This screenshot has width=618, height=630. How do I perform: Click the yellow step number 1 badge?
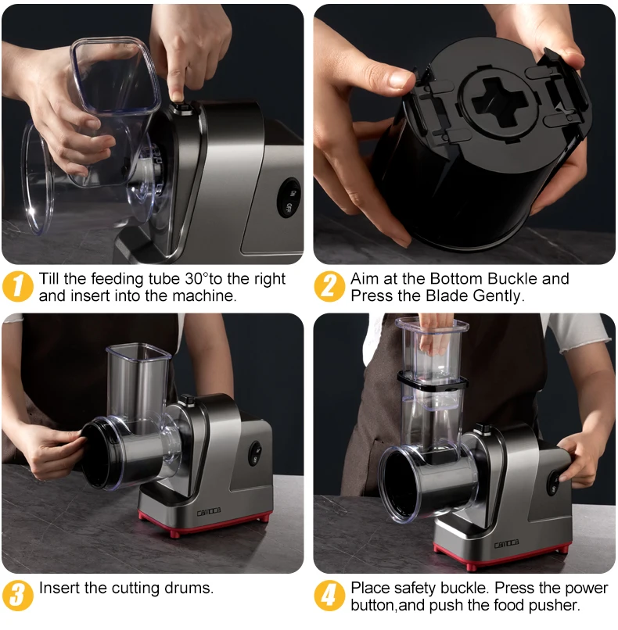point(18,286)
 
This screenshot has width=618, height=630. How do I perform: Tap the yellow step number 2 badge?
point(329,286)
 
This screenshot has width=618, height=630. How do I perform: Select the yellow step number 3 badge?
point(18,596)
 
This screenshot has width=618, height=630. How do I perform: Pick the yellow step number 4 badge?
point(329,596)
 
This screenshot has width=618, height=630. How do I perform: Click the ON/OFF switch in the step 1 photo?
point(289,198)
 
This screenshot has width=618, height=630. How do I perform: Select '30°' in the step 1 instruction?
point(195,279)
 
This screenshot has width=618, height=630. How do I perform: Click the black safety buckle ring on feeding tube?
point(432,383)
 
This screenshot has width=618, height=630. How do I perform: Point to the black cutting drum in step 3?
point(110,452)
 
